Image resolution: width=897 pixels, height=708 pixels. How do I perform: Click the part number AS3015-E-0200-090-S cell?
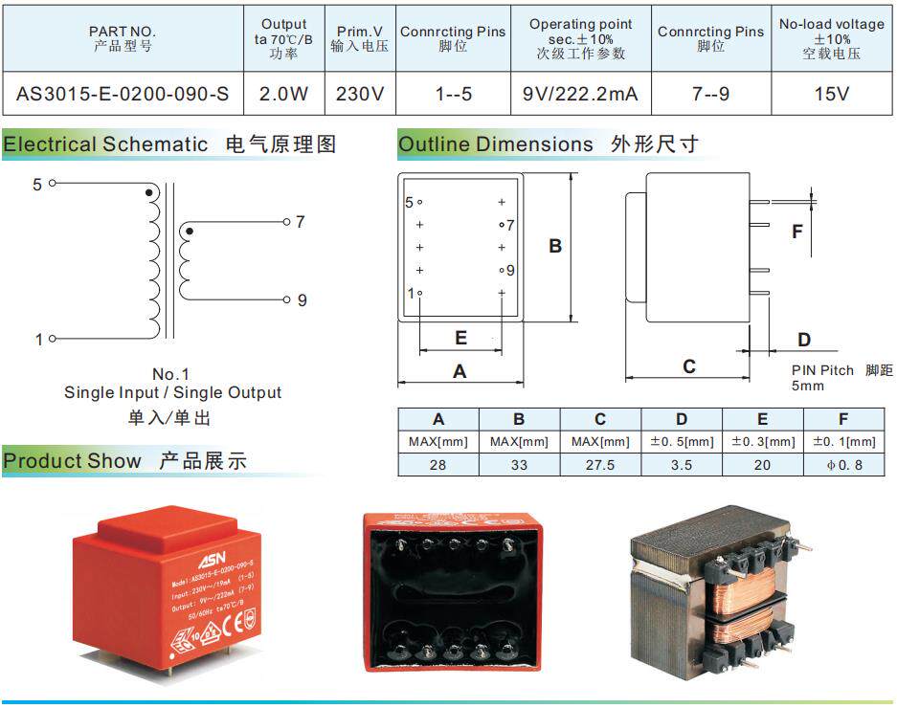123,94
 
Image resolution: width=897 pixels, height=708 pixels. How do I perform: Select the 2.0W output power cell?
284,94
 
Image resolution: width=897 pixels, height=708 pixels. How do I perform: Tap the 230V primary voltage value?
360,94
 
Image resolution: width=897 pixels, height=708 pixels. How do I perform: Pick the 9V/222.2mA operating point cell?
581,94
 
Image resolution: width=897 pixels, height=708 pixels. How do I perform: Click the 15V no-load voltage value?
831,94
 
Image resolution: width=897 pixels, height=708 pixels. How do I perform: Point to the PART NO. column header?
123,38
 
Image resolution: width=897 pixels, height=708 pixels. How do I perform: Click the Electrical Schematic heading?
105,144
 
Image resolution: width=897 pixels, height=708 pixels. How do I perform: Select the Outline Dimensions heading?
496,144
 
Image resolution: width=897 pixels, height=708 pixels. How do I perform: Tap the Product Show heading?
72,460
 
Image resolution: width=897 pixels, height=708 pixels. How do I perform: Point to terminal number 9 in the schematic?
302,299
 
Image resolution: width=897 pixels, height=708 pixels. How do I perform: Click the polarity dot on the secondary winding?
189,231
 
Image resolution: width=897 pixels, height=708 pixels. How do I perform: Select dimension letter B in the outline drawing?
554,246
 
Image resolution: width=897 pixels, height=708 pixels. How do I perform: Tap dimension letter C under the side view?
688,366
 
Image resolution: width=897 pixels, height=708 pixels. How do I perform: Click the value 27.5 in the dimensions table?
599,464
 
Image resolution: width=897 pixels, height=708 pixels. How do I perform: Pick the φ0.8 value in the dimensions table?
843,464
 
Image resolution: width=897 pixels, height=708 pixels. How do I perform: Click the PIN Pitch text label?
822,370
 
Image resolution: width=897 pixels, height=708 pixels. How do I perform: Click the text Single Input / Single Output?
172,392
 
